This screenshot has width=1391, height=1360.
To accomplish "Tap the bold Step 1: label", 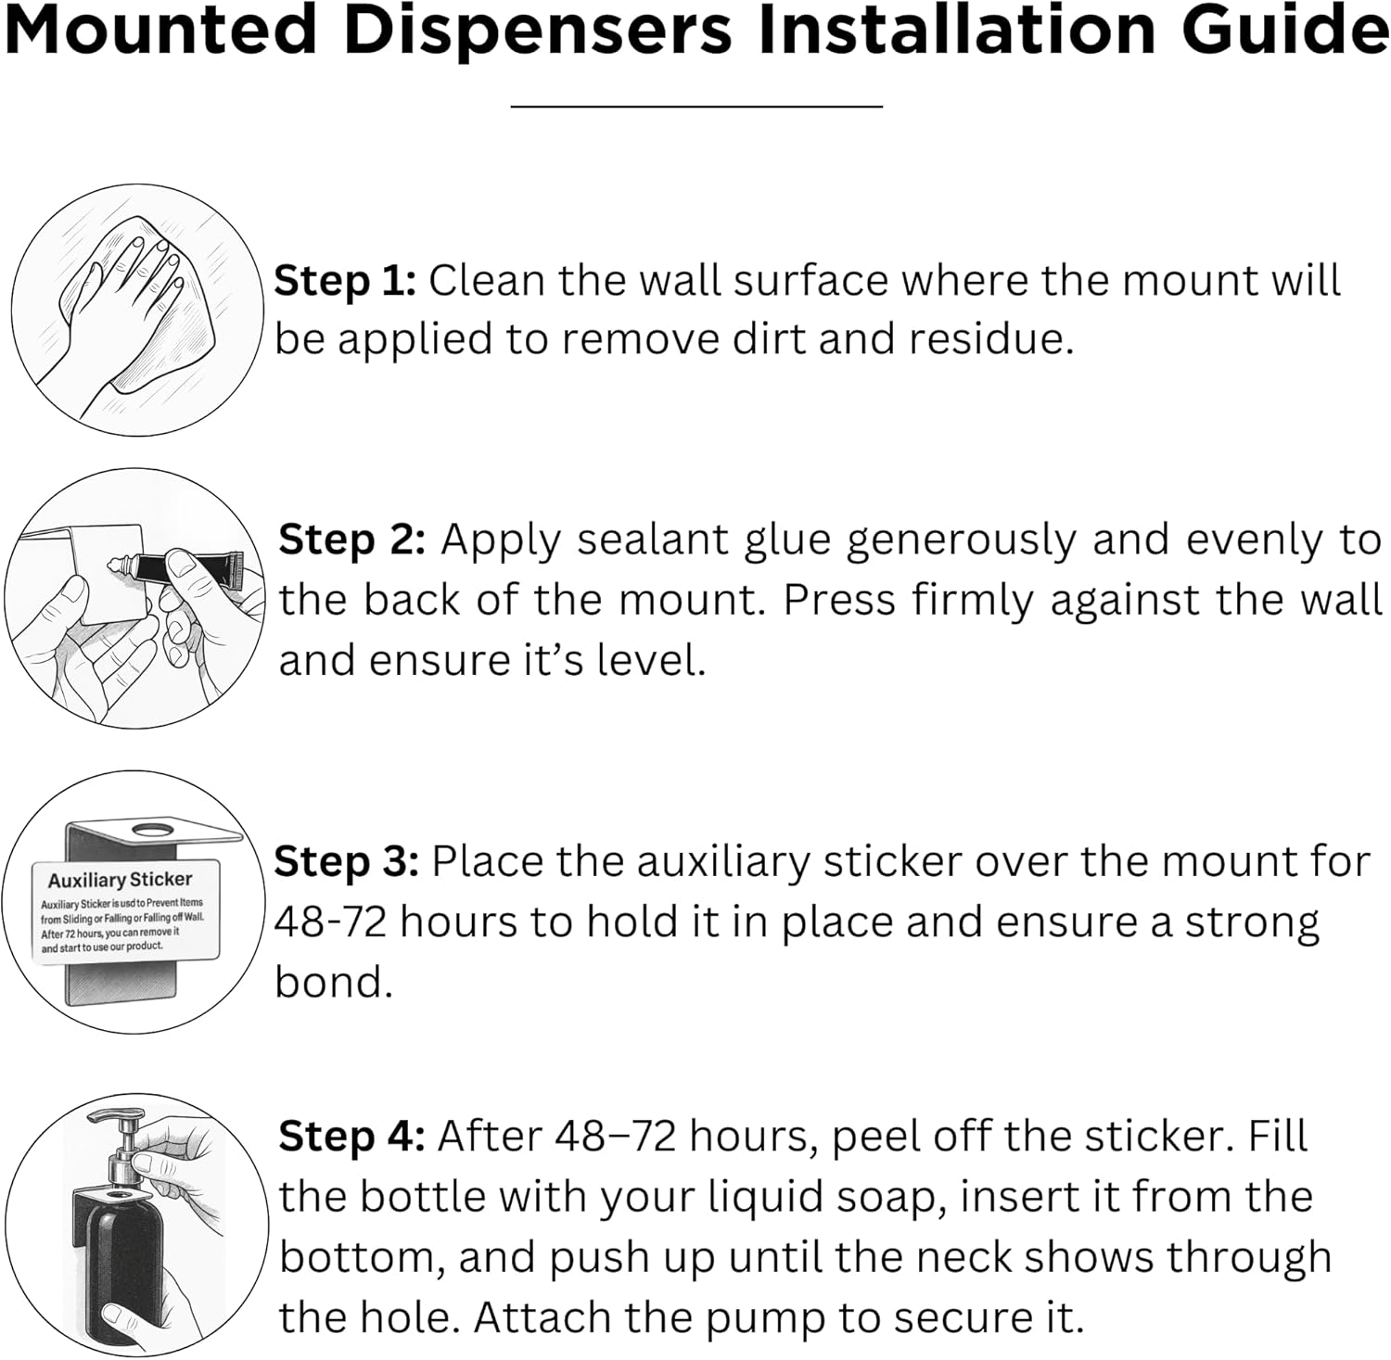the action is [x=345, y=281].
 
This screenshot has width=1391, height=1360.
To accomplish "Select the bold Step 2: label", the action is [x=351, y=540].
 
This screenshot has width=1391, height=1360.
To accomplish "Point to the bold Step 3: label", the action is [x=347, y=863].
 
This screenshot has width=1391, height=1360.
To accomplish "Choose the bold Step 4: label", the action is [x=351, y=1137].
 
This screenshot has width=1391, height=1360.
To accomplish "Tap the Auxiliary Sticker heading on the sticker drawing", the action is [x=120, y=880].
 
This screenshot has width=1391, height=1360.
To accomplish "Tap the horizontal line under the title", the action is [x=696, y=107].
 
